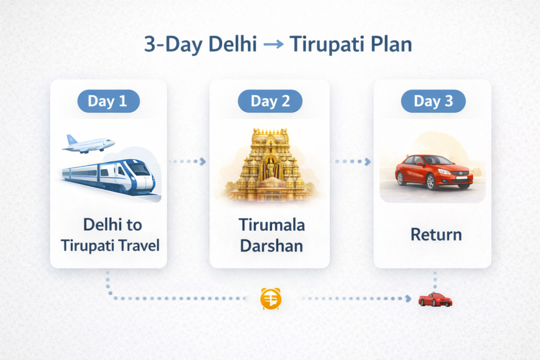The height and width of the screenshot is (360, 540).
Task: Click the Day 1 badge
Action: tap(108, 101)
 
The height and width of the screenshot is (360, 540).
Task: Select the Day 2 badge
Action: tap(270, 101)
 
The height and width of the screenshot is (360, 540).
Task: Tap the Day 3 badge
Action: tap(433, 101)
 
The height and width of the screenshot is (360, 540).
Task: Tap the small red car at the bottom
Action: tap(435, 299)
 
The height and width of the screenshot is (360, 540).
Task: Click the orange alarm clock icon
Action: tap(271, 298)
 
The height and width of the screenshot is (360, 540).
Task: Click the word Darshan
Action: tap(270, 246)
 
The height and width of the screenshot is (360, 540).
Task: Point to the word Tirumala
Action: tap(270, 225)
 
